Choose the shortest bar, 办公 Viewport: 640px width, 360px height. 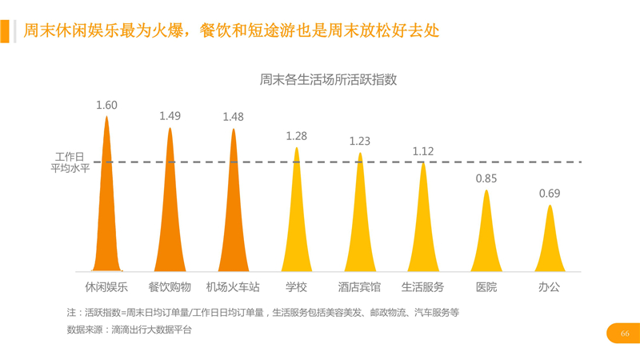tap(549, 248)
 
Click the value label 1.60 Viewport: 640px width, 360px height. tap(106, 105)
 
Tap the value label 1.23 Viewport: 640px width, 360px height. tap(359, 141)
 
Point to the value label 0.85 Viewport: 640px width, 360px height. tap(486, 178)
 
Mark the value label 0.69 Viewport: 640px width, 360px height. tap(549, 194)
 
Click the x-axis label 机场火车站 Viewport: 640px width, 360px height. tap(233, 286)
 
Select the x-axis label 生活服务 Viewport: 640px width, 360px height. tap(422, 286)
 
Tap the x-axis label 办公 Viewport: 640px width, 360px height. tap(549, 286)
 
